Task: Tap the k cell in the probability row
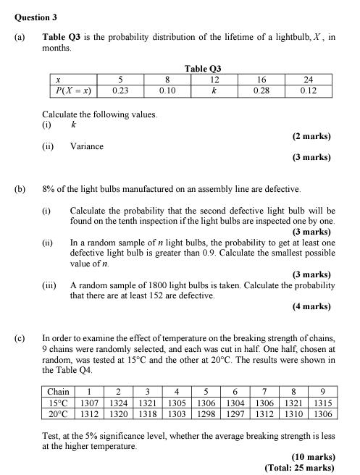click(x=214, y=92)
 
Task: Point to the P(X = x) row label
click(x=72, y=92)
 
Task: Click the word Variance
click(x=87, y=146)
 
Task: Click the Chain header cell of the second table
click(x=58, y=392)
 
